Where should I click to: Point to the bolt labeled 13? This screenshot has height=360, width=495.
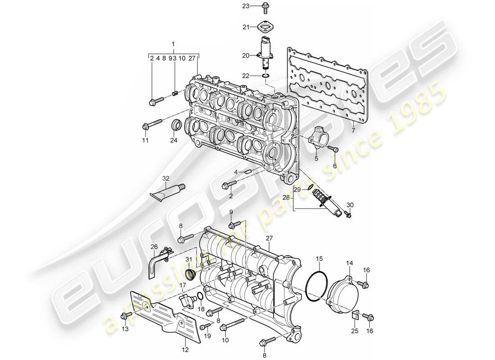pyautogui.click(x=128, y=315)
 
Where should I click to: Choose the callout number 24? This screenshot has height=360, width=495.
pyautogui.click(x=174, y=140)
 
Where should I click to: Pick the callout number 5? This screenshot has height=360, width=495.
pyautogui.click(x=316, y=158)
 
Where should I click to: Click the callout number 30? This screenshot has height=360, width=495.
pyautogui.click(x=350, y=205)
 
